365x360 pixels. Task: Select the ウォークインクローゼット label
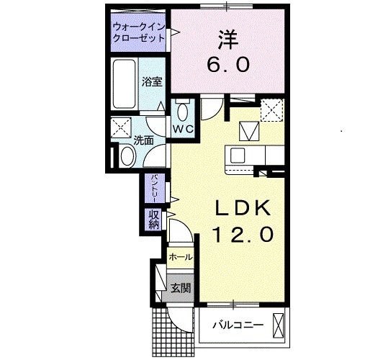point(137,35)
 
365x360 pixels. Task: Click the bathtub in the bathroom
point(125,85)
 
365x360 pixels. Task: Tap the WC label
point(183,129)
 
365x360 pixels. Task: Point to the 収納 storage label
point(154,219)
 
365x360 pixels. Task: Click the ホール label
point(180,257)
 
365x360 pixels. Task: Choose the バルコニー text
point(237,326)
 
